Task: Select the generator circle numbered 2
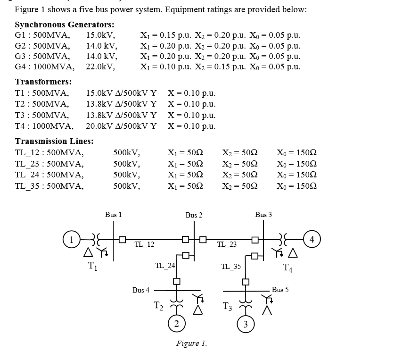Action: coord(176,324)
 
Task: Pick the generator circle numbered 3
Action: coord(245,324)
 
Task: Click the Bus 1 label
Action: coord(113,215)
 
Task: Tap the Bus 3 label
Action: coord(263,215)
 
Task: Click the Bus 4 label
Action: coord(141,290)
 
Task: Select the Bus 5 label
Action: coord(280,289)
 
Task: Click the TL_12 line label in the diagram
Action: coord(144,244)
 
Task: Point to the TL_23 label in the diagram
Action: coord(227,244)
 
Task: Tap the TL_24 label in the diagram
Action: coord(165,266)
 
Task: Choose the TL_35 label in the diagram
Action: coord(231,266)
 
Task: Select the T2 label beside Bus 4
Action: coord(159,307)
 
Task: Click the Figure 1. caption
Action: coord(191,343)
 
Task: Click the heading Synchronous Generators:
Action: coord(65,25)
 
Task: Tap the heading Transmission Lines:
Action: coord(54,141)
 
